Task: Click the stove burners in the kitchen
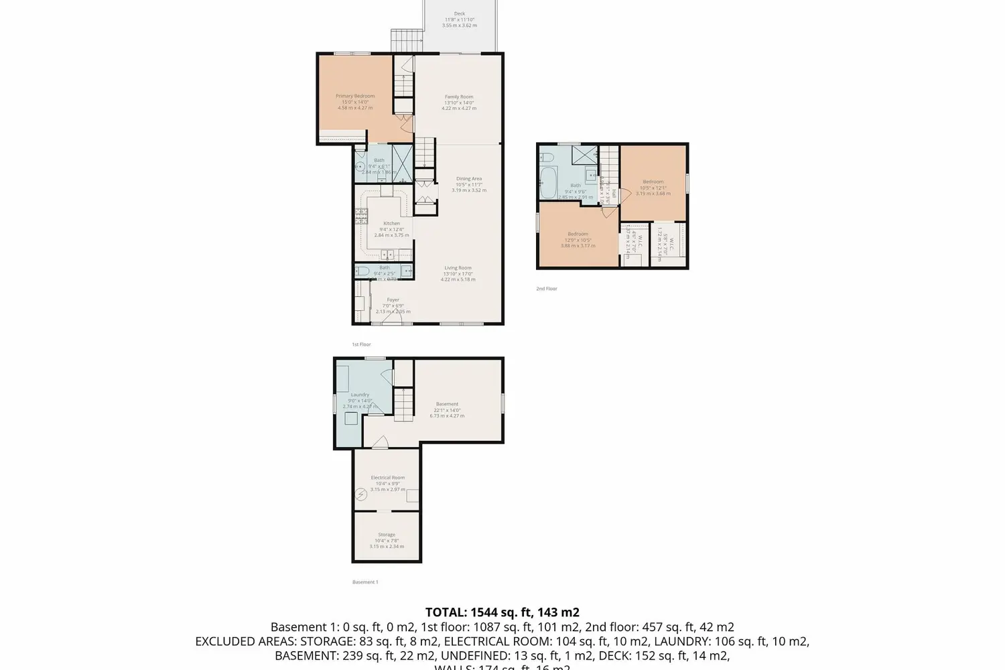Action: pos(361,215)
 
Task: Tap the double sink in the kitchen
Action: pos(387,255)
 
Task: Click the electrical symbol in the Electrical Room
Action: pos(361,495)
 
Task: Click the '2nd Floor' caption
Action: pos(547,289)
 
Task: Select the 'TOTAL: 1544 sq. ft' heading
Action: pos(502,612)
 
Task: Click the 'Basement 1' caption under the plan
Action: pos(365,582)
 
